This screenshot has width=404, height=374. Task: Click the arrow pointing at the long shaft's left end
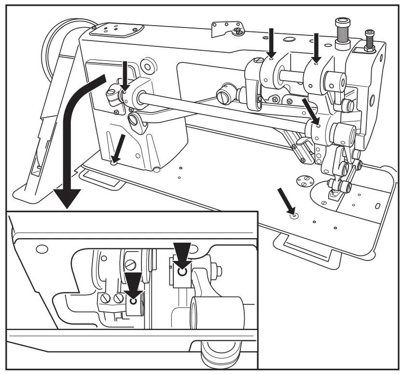click(x=125, y=74)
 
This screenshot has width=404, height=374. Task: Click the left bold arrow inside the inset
click(x=133, y=285)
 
